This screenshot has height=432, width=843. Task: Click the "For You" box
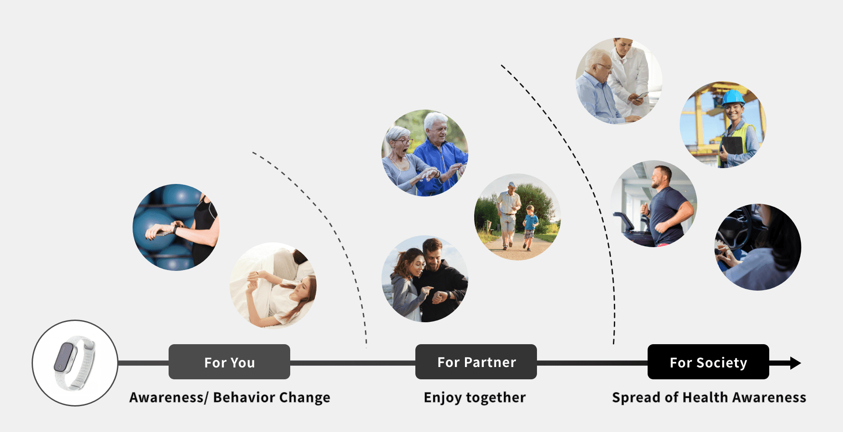click(x=229, y=362)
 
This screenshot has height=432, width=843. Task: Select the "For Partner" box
click(x=476, y=362)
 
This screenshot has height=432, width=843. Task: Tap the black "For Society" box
click(x=708, y=362)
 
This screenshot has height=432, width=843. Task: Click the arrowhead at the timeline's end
click(x=795, y=363)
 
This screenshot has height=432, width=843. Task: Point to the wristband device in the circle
click(x=74, y=363)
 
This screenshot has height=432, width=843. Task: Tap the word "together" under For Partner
click(x=496, y=398)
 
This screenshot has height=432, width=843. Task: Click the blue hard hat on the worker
click(x=733, y=97)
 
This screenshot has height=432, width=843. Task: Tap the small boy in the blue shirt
click(x=530, y=227)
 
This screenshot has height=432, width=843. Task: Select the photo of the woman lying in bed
click(x=273, y=285)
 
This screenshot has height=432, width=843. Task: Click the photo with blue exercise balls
click(x=176, y=227)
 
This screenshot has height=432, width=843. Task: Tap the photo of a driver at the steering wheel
click(x=758, y=247)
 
